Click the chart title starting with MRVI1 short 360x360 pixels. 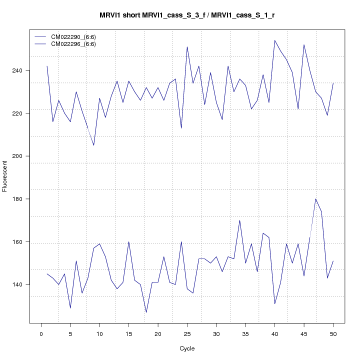tap(187, 15)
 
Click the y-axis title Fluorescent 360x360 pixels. tap(5, 175)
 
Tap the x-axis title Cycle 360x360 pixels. tap(187, 348)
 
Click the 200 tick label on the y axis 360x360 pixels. tap(23, 156)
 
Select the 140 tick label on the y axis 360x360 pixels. tap(23, 284)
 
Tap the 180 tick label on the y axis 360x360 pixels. tap(23, 199)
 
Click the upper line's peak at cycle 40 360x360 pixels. tap(275, 40)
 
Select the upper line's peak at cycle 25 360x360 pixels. tap(187, 47)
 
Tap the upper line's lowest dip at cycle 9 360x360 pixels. tap(93, 145)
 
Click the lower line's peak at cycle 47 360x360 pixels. tap(315, 199)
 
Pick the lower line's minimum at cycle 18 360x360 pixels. tap(146, 312)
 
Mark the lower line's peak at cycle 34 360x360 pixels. tap(240, 220)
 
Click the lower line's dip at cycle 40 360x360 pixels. tap(275, 304)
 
